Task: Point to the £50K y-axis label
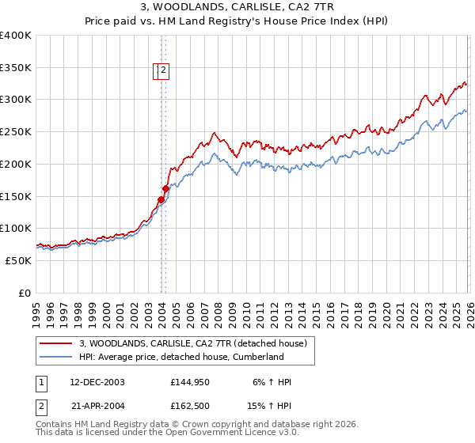pos(18,260)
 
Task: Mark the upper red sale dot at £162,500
pos(166,188)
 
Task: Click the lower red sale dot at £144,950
pos(161,199)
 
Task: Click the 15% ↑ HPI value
pos(272,404)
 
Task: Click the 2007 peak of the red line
pos(214,133)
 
